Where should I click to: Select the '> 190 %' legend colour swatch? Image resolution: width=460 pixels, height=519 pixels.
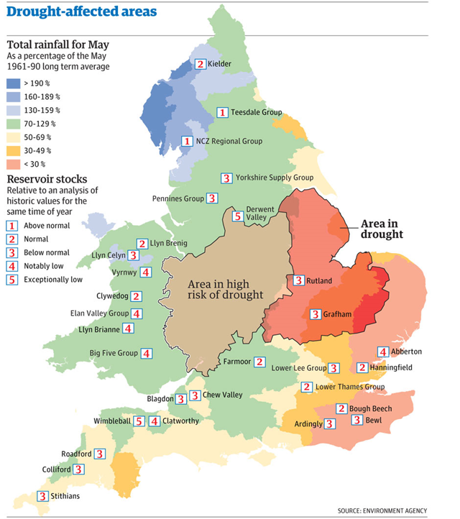tap(14, 83)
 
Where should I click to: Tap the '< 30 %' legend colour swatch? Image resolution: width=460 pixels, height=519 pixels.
tap(14, 165)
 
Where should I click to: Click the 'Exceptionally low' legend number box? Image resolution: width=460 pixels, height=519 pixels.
tap(11, 280)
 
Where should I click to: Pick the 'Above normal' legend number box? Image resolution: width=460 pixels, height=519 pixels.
tap(11, 226)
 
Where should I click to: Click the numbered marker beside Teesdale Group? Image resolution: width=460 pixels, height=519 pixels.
tap(223, 113)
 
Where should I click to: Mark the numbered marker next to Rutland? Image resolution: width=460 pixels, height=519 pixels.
tap(298, 280)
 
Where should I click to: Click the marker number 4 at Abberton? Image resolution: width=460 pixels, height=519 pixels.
tap(383, 352)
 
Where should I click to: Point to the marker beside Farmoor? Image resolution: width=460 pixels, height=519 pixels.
tap(259, 362)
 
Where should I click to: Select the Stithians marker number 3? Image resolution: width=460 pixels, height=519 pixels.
tap(42, 495)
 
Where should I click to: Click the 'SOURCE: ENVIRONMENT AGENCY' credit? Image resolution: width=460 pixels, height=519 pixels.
tap(391, 510)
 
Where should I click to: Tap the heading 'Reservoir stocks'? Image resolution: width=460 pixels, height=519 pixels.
tap(47, 179)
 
